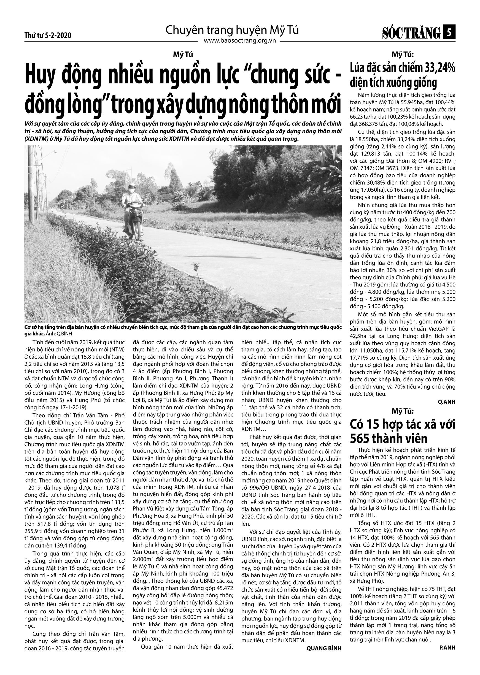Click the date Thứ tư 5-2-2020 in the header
(48, 36)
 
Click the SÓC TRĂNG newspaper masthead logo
(411, 33)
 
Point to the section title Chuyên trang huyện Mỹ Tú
(232, 30)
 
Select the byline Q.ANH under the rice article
(447, 402)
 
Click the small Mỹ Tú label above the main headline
(183, 55)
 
